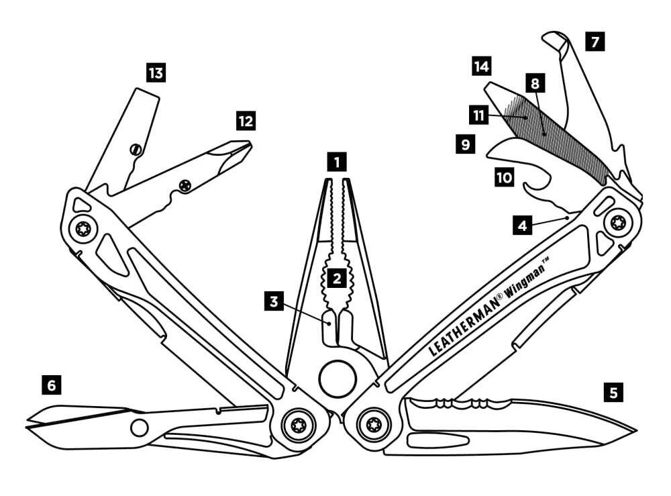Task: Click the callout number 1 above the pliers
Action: coord(336,162)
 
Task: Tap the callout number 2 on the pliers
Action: coord(336,276)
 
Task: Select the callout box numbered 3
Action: coord(274,301)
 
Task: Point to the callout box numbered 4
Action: coord(523,226)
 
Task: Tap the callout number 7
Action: coord(594,42)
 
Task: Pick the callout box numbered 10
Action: coord(503,177)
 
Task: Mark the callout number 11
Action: coord(479,115)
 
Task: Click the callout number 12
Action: coord(246,121)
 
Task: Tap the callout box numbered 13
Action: coord(156,72)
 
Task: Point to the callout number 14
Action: coord(481,66)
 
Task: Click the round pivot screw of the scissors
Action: coord(140,427)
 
